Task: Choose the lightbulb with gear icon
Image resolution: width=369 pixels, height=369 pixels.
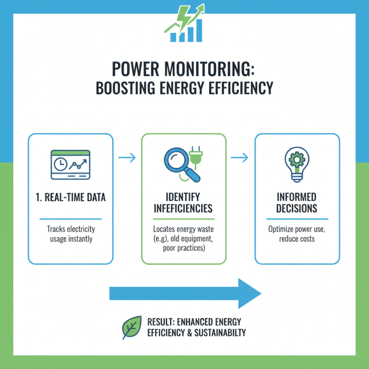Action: pos(297,164)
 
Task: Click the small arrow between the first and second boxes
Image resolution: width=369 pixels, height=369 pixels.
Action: pos(127,158)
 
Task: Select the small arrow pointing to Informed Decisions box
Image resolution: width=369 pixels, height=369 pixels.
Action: pos(240,158)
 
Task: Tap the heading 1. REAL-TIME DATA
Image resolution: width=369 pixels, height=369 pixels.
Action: pos(70,198)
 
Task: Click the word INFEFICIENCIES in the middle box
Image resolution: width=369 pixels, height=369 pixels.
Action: pos(184,209)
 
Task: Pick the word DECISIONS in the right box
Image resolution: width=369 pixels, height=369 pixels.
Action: pos(297,208)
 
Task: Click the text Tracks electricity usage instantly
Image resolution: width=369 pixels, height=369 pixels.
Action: pos(70,233)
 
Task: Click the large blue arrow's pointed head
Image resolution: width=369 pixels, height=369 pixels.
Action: pos(249,293)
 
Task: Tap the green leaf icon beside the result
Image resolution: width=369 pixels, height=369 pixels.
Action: pos(131,327)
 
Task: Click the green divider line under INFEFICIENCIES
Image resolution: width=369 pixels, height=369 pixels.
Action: pos(184,219)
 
